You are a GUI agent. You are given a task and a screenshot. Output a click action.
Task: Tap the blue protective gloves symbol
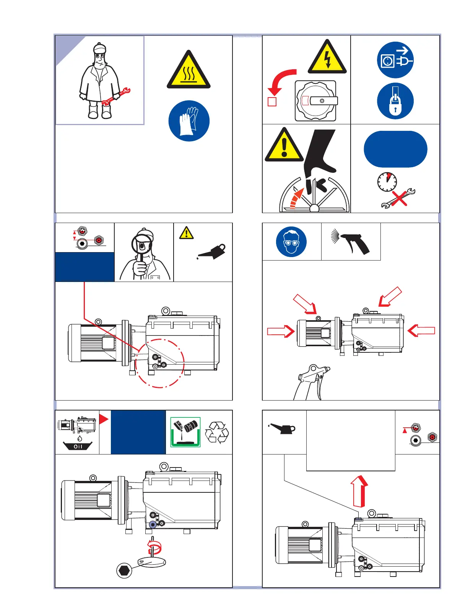(x=189, y=121)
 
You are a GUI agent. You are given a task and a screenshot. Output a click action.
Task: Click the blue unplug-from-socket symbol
(x=395, y=60)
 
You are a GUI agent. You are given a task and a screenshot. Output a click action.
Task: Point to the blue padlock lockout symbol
(x=395, y=101)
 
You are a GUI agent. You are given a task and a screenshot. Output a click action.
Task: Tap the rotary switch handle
(x=323, y=101)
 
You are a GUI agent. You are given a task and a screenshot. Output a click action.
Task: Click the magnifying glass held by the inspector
(x=141, y=245)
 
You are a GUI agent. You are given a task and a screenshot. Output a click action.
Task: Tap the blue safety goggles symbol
(x=291, y=242)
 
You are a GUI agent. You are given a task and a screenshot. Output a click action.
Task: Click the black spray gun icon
(x=352, y=241)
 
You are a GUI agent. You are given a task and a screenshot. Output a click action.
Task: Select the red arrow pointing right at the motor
(x=281, y=331)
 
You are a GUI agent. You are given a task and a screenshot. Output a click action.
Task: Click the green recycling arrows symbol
(x=217, y=433)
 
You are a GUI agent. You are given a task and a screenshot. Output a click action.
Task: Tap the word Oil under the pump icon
(x=78, y=446)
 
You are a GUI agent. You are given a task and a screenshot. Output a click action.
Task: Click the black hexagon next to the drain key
(x=124, y=570)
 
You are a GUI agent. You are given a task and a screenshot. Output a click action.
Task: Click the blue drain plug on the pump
(x=153, y=525)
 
